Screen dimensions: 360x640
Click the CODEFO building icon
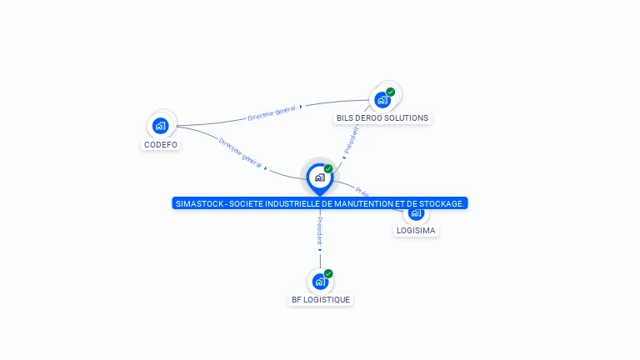[161, 126]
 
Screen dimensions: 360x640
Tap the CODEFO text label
[161, 144]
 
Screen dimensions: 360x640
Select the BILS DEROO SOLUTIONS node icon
[382, 100]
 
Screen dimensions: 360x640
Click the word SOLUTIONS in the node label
[407, 118]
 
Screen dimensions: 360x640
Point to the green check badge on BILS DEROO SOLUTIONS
[391, 92]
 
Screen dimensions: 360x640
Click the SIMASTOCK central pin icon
[319, 177]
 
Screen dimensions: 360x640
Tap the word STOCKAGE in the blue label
[443, 203]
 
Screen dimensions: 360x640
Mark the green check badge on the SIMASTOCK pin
[328, 169]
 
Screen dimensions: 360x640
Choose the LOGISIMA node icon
[416, 212]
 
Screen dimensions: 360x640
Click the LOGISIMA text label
[416, 231]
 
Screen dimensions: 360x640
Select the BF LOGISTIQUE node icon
[320, 282]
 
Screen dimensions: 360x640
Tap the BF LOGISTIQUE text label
[321, 300]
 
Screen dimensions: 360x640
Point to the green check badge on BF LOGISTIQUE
[328, 273]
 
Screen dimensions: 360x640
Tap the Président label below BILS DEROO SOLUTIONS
[351, 139]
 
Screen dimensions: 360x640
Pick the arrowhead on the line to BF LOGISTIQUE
[320, 249]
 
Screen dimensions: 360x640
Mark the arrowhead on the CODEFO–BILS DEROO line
[301, 106]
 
